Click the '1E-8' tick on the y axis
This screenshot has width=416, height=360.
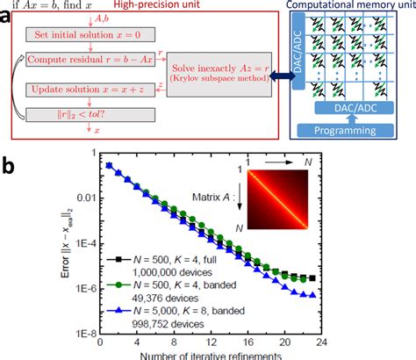(96, 333)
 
